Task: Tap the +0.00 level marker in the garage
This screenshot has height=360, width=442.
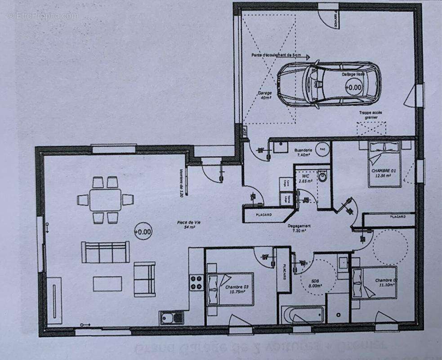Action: pyautogui.click(x=353, y=87)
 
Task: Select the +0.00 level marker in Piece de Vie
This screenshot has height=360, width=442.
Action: pyautogui.click(x=143, y=232)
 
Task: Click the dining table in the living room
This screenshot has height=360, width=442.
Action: pyautogui.click(x=105, y=200)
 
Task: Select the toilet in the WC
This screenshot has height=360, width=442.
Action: pyautogui.click(x=323, y=176)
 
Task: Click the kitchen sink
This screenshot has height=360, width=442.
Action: pyautogui.click(x=171, y=318)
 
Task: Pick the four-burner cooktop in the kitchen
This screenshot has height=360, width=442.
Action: pyautogui.click(x=196, y=282)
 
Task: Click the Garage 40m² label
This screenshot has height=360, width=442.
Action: pyautogui.click(x=264, y=96)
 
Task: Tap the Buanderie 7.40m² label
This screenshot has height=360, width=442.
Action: pyautogui.click(x=303, y=152)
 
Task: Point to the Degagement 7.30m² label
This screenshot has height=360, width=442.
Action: pyautogui.click(x=299, y=229)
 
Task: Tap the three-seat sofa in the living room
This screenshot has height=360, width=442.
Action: pyautogui.click(x=105, y=252)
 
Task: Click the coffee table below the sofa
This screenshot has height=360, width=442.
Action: pyautogui.click(x=107, y=283)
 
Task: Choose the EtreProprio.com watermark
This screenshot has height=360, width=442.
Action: pyautogui.click(x=43, y=16)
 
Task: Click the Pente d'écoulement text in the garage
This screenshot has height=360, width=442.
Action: pyautogui.click(x=277, y=56)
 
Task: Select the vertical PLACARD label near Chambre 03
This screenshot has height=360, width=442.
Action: pyautogui.click(x=284, y=270)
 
